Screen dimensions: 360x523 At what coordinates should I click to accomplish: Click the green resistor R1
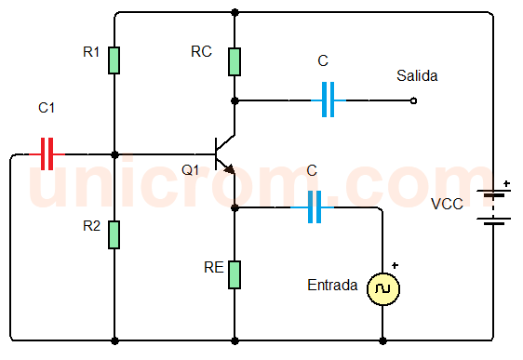pos(114,60)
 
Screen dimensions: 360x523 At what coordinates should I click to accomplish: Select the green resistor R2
pos(114,234)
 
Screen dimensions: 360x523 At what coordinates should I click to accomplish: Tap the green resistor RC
pos(235,60)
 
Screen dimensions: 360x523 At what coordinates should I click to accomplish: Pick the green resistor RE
pos(235,275)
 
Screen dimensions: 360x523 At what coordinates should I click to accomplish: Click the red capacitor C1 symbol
pos(47,154)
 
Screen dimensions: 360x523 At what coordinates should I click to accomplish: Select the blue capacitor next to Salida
pos(327,100)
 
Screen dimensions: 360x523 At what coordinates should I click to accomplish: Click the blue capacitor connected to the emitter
pos(314,207)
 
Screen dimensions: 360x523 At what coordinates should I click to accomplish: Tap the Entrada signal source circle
pos(382,289)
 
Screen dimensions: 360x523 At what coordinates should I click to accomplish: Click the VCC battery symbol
pos(492,208)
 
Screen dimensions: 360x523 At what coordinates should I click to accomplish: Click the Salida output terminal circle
pos(413,100)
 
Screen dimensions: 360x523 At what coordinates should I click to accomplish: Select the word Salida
pos(416,75)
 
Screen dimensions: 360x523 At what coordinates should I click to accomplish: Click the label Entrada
pos(331,286)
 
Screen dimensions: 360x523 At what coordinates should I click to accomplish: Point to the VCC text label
pos(447,204)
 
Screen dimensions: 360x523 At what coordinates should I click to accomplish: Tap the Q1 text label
pos(190,170)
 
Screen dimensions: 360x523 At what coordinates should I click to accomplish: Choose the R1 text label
pos(91,52)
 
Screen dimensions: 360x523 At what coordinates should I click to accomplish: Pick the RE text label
pos(213,268)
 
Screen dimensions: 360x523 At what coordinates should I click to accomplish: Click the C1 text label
pos(47,109)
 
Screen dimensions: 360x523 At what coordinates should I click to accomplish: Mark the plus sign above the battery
pos(505,184)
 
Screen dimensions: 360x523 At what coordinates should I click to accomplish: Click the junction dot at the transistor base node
pos(114,154)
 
